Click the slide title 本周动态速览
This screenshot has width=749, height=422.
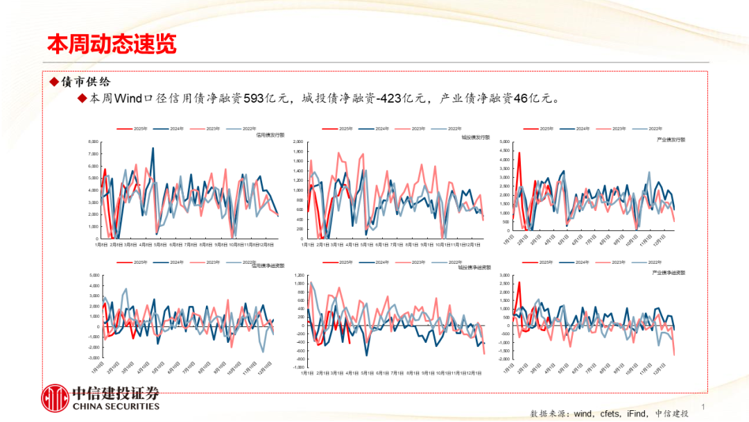click(x=112, y=44)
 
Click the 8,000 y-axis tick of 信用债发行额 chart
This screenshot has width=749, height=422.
click(x=93, y=142)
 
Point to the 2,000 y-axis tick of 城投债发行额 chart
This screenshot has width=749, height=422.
click(x=298, y=142)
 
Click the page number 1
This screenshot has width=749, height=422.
click(x=704, y=407)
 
